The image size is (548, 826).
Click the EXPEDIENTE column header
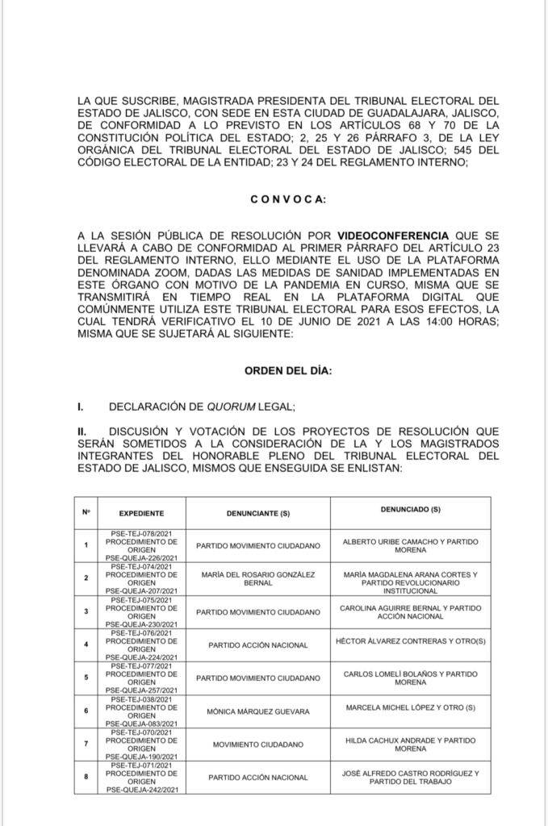coord(141,513)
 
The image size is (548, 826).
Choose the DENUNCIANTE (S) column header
coord(257,513)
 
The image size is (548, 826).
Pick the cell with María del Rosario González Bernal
coord(257,578)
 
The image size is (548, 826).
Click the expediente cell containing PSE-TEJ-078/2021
coord(141,546)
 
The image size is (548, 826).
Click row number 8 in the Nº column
coord(86,778)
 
